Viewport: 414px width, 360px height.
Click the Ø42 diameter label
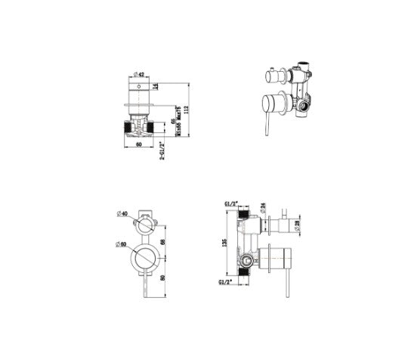click(139, 73)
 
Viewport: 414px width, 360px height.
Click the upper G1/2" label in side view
click(232, 204)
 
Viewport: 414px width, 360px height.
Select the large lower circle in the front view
click(143, 257)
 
